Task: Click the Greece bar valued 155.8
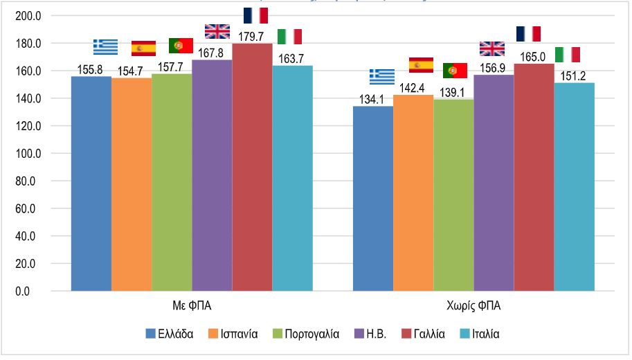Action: pyautogui.click(x=91, y=183)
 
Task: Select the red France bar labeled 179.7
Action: pyautogui.click(x=252, y=167)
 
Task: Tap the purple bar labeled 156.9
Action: pyautogui.click(x=494, y=183)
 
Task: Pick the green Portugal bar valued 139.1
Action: pyautogui.click(x=453, y=195)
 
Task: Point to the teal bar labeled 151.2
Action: pyautogui.click(x=574, y=187)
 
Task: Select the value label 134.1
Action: pyautogui.click(x=373, y=98)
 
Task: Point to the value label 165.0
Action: pyautogui.click(x=533, y=56)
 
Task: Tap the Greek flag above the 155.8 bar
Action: pyautogui.click(x=106, y=47)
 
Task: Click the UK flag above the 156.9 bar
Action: pyautogui.click(x=492, y=48)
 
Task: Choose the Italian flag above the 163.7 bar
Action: pyautogui.click(x=289, y=37)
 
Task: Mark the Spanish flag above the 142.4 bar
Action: pyautogui.click(x=421, y=65)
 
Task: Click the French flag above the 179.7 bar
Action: pyautogui.click(x=255, y=15)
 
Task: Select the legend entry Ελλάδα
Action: pyautogui.click(x=170, y=334)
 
